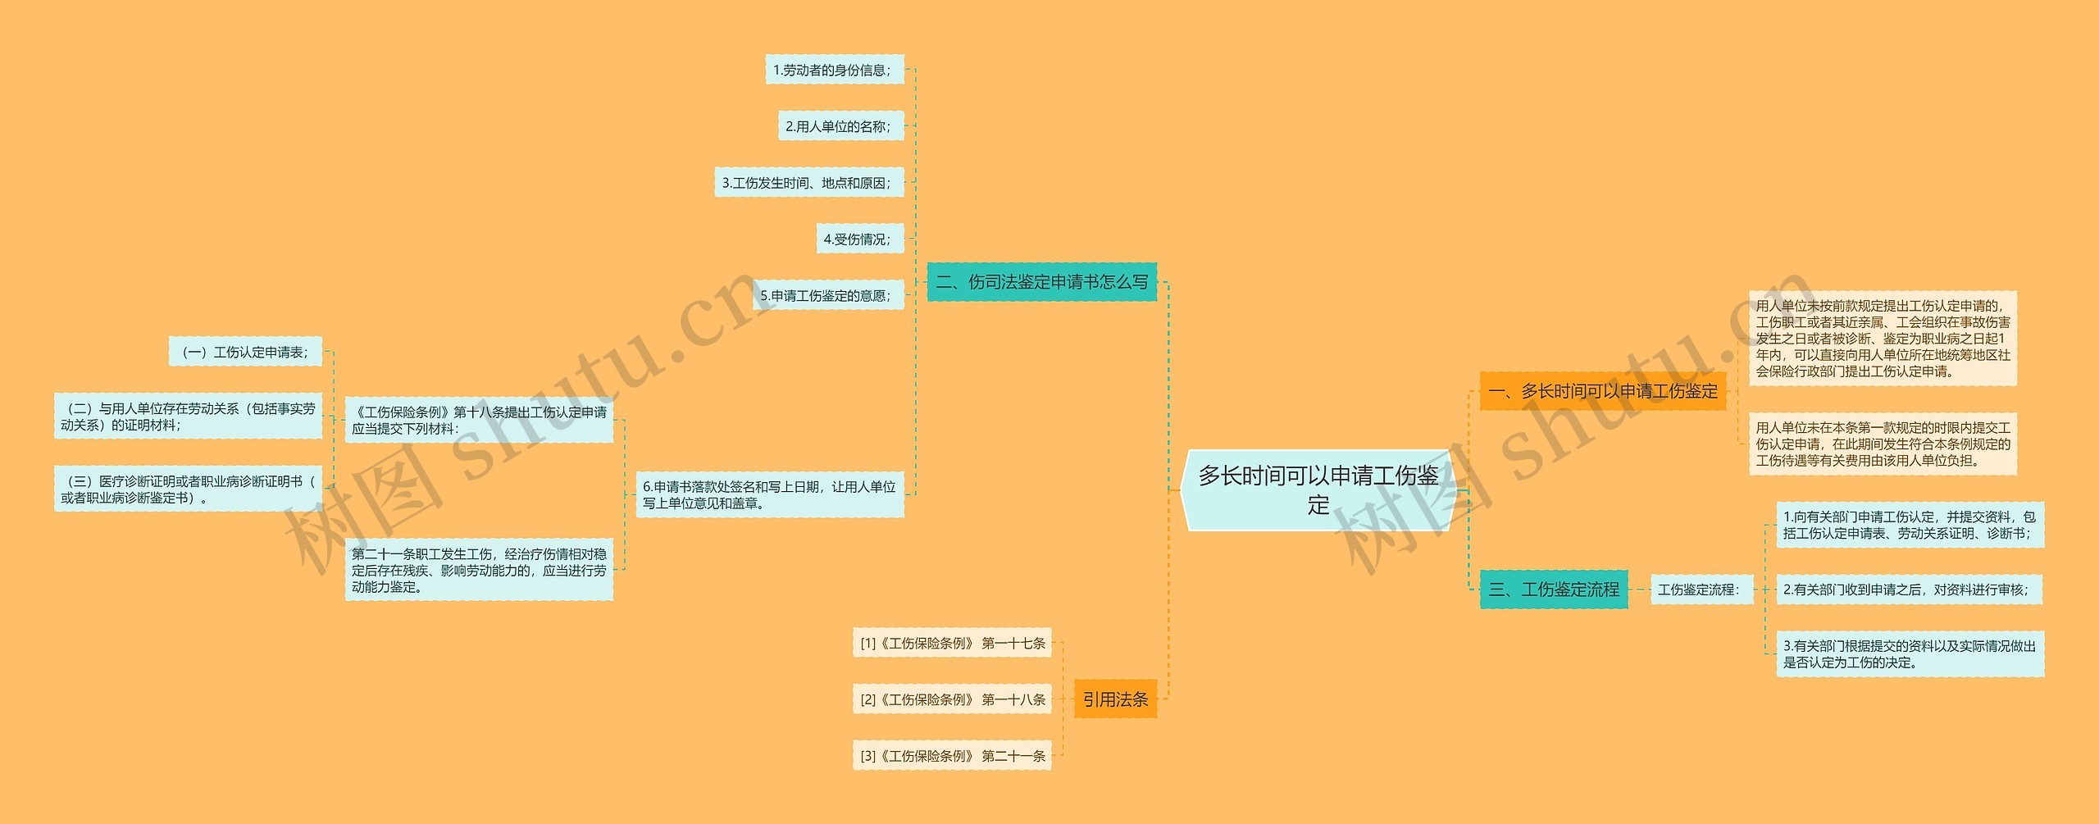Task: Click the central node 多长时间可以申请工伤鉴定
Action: click(1318, 489)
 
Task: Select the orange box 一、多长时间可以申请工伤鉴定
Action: click(1602, 391)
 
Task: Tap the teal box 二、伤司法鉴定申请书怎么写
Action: click(1041, 282)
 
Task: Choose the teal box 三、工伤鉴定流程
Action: click(1553, 590)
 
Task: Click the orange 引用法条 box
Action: click(1115, 699)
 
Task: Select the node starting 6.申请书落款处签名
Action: click(769, 494)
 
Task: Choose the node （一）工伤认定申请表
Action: click(245, 353)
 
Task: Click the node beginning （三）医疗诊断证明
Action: click(188, 489)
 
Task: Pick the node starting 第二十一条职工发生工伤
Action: click(479, 571)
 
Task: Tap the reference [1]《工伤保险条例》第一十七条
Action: click(952, 644)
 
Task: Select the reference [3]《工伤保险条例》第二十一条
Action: click(952, 756)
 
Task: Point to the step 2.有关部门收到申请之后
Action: click(1907, 590)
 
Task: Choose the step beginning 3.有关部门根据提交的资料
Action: click(1909, 654)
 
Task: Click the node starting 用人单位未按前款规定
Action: click(1882, 339)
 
